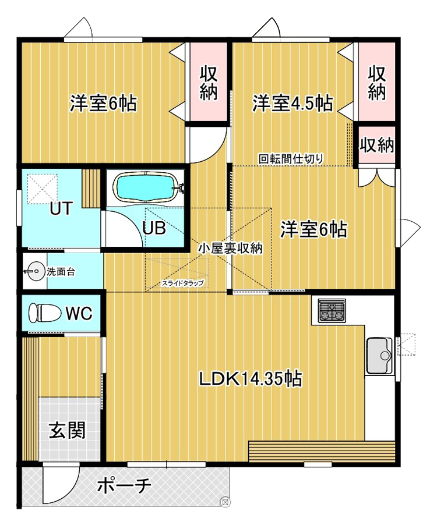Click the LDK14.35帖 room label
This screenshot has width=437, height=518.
click(x=250, y=379)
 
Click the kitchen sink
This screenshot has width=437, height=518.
click(x=379, y=356)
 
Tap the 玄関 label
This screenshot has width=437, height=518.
click(x=66, y=430)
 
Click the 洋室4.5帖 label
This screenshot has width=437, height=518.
click(x=292, y=104)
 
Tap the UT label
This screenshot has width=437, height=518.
click(x=61, y=208)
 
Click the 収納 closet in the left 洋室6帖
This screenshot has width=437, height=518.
click(x=209, y=83)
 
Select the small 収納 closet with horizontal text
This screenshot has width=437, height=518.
click(x=376, y=145)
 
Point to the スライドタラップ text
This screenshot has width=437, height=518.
click(x=183, y=283)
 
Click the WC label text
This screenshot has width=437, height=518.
click(x=78, y=314)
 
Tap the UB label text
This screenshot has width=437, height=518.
click(x=154, y=229)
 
